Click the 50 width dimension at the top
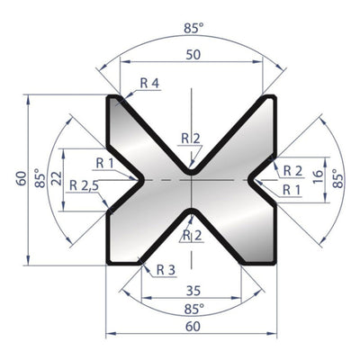[x=192, y=56]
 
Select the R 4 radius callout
[x=149, y=82]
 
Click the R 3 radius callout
[x=166, y=269]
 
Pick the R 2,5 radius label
[x=86, y=184]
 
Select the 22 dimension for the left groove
[x=57, y=178]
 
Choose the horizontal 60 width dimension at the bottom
[x=192, y=328]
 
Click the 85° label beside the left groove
[x=38, y=177]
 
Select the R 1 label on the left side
[x=105, y=162]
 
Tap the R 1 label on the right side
[x=290, y=189]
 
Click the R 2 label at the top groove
[x=191, y=138]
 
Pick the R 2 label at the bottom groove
[x=191, y=236]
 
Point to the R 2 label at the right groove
[x=292, y=169]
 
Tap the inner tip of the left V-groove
[x=140, y=179]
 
